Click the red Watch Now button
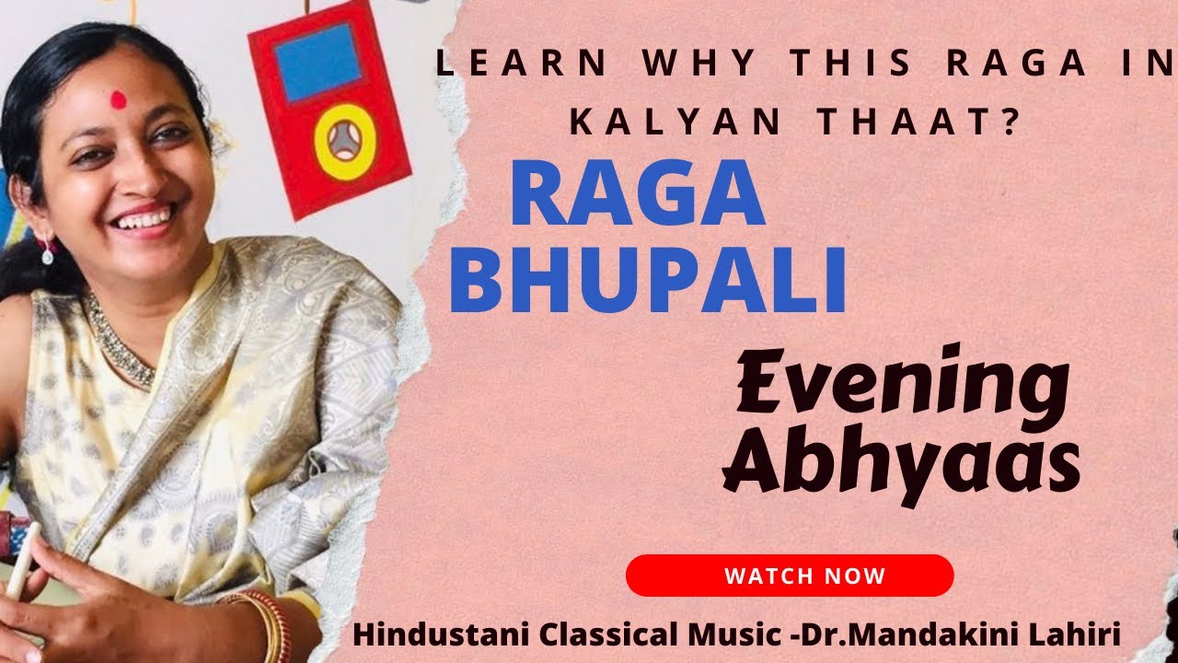tap(790, 576)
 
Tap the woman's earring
tap(46, 250)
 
